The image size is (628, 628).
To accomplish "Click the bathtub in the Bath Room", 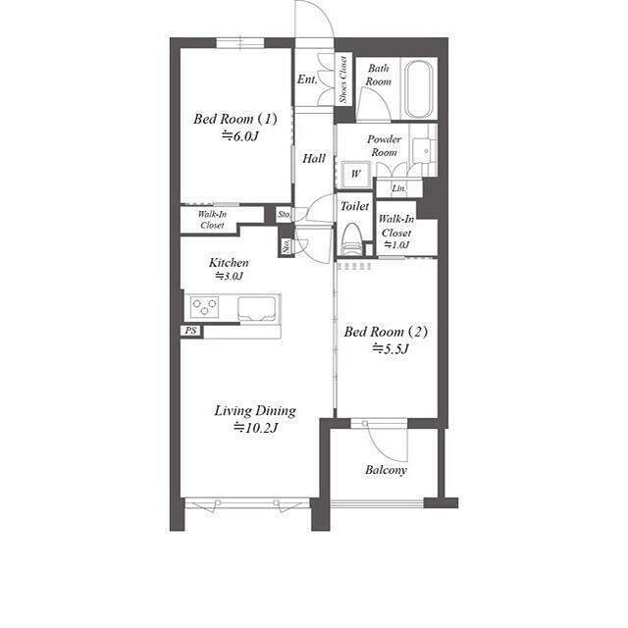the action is [419, 89].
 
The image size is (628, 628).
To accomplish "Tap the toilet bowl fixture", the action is [352, 239].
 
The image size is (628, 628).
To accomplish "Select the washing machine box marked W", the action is [355, 175].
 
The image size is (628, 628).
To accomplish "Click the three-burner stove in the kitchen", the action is [204, 307].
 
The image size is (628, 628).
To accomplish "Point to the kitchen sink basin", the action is [257, 309].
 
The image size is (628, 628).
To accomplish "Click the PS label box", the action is [191, 331].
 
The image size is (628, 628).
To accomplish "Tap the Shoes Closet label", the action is [343, 79].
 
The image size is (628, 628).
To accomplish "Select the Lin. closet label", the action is [399, 187].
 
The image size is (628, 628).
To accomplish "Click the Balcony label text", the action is [386, 470].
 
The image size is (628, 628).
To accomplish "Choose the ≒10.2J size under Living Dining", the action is [255, 428].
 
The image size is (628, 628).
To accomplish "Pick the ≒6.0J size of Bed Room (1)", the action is [240, 136].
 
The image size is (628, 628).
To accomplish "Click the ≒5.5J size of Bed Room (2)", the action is [391, 349].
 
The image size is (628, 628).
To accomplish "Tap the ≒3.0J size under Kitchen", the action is [229, 276].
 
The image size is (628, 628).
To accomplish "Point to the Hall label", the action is [314, 159].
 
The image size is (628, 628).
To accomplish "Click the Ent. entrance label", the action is [307, 79].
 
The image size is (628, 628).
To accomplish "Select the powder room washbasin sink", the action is [423, 150].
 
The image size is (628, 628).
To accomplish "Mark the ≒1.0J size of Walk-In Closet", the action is [396, 244].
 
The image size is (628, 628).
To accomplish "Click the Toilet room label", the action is [354, 206].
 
